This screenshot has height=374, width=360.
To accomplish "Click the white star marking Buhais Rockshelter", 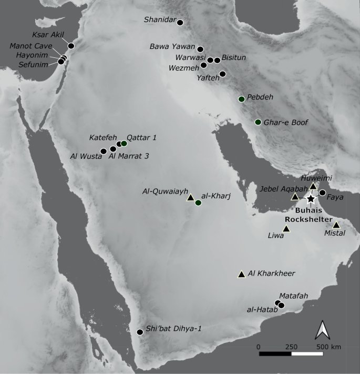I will [x=311, y=199].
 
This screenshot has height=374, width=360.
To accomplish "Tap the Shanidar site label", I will [x=160, y=21].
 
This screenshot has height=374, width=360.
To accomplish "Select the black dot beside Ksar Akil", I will [x=71, y=46].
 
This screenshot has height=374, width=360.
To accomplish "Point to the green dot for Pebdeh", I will [x=242, y=99].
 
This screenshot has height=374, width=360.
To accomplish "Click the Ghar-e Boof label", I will [x=287, y=123].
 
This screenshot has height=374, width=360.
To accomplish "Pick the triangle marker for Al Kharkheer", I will [x=241, y=274].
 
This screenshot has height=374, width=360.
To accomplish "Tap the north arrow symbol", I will [x=322, y=330].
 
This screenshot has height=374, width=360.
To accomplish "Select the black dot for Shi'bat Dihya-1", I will [x=140, y=332].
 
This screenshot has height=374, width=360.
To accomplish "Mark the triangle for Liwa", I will [x=286, y=229].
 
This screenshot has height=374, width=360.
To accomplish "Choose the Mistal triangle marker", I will [x=336, y=225].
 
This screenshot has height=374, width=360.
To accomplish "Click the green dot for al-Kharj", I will [x=198, y=203].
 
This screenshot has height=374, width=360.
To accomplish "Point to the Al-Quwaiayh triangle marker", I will [x=190, y=197].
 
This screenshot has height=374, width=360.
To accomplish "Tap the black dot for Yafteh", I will [x=222, y=74].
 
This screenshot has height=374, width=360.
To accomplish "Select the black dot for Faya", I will [x=322, y=193].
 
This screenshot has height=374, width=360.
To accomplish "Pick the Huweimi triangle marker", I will [x=313, y=186].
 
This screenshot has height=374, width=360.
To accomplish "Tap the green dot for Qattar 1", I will [x=124, y=143].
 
